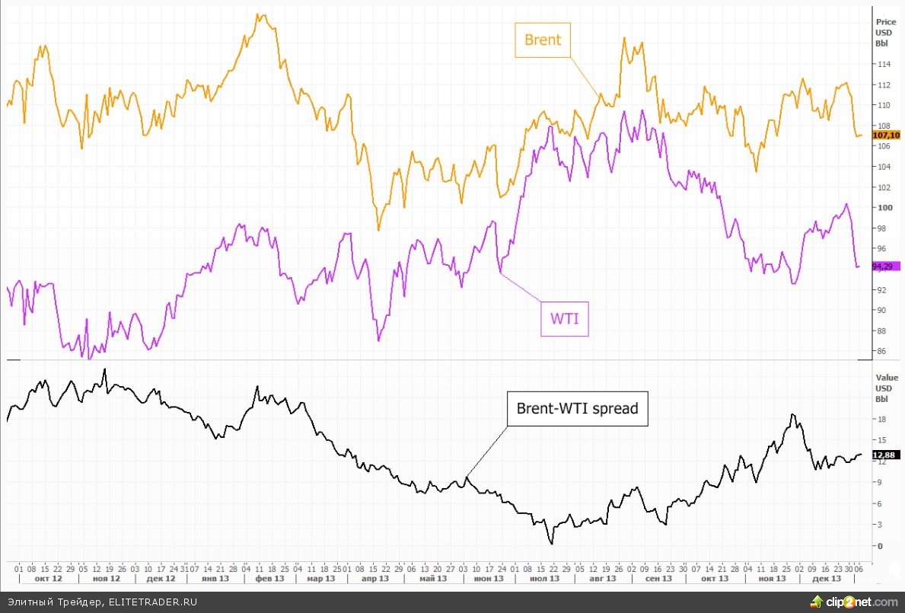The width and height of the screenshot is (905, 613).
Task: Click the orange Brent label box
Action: point(543,40)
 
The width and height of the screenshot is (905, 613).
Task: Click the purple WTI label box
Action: point(565,319)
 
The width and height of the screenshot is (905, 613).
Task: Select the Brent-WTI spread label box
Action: point(577,409)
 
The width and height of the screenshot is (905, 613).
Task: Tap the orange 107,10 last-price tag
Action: point(887,136)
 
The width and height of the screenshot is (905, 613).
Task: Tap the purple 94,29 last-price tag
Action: point(885,266)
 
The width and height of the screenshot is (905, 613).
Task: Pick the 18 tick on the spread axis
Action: point(881,420)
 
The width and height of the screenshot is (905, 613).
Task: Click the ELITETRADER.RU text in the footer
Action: point(152,602)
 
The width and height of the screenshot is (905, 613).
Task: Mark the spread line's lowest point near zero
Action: point(551,543)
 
